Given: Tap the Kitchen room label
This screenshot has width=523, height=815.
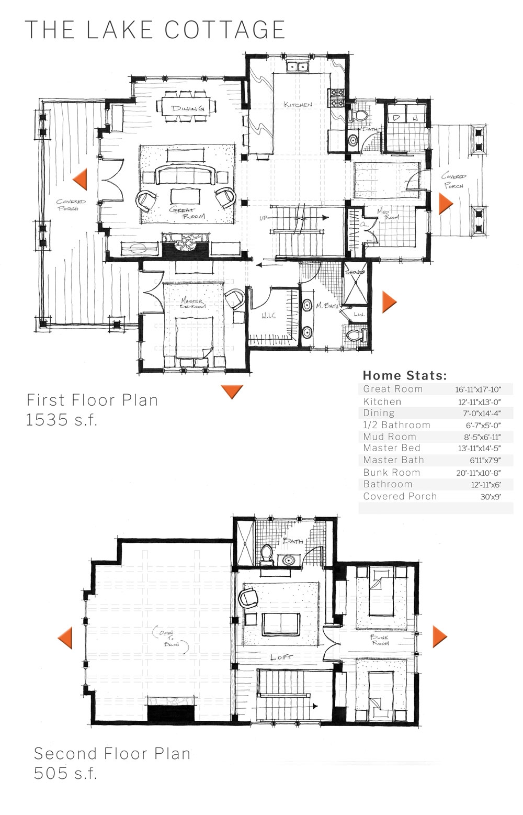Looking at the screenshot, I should (298, 105).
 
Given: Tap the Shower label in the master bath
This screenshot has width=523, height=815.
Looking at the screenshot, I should (355, 272).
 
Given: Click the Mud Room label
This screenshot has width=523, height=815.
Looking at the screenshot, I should (392, 214).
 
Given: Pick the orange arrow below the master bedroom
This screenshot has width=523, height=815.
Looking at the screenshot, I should (232, 391).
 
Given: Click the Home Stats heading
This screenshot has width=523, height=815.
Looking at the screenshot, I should (404, 375).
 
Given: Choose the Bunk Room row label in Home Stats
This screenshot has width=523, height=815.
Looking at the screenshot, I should (392, 472).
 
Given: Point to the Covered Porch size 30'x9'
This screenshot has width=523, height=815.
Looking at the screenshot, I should (490, 497).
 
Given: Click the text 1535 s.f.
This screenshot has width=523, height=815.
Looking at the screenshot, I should (62, 420).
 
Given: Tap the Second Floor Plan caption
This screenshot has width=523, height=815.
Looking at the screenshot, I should (112, 753).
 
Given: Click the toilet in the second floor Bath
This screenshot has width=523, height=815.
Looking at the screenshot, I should (267, 554).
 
